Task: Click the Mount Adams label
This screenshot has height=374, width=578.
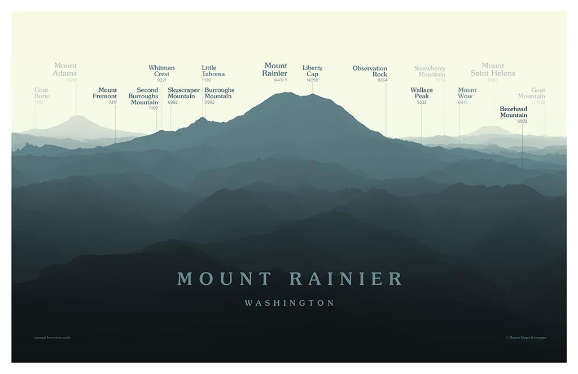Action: click(65, 69)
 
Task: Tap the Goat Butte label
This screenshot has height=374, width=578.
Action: click(42, 93)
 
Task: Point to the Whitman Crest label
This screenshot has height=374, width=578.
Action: click(161, 71)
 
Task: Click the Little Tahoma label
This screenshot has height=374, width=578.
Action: click(213, 71)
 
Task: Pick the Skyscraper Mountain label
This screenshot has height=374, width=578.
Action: click(181, 93)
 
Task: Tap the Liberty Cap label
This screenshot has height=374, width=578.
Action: click(312, 71)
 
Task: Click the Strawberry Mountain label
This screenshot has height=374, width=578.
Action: click(430, 72)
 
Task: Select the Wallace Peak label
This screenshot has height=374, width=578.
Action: click(422, 93)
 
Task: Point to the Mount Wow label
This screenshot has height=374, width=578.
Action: click(467, 93)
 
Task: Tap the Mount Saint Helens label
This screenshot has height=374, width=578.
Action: click(493, 69)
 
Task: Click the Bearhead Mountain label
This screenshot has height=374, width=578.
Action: click(514, 112)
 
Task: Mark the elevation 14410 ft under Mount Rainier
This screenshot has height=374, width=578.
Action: click(281, 80)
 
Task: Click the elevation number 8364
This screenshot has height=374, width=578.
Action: click(382, 80)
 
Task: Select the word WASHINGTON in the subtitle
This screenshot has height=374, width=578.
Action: click(289, 303)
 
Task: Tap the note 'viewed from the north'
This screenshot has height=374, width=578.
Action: click(52, 338)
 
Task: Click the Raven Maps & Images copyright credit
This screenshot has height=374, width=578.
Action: click(526, 338)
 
